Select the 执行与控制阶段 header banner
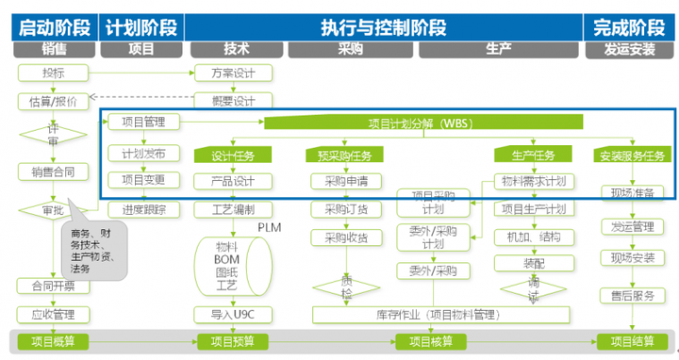(383, 25)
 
